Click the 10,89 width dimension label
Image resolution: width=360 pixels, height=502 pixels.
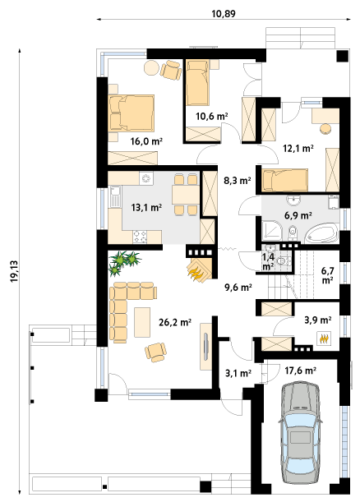[x=224, y=14]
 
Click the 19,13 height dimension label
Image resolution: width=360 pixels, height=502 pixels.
[x=15, y=272]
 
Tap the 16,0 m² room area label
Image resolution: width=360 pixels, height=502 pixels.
[x=146, y=140]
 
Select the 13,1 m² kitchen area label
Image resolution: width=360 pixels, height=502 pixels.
[x=146, y=208]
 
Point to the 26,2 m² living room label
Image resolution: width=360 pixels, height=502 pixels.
[x=175, y=322]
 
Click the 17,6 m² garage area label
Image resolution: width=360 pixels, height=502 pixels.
[x=301, y=371]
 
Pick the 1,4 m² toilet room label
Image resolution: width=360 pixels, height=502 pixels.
[x=268, y=261]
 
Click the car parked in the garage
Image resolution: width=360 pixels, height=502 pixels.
[x=300, y=434]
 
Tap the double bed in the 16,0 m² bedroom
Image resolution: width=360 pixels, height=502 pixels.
[x=132, y=113]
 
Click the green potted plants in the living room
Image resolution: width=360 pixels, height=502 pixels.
[x=123, y=262]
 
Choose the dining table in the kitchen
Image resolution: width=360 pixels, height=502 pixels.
[x=186, y=195]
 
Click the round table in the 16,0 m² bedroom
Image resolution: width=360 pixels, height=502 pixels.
[x=151, y=68]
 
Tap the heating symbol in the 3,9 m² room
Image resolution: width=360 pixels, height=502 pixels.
[x=324, y=338]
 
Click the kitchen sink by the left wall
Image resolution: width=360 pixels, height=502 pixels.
[x=114, y=196]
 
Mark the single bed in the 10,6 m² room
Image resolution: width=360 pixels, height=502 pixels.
[x=197, y=82]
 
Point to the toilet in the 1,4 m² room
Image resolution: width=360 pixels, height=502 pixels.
[x=283, y=261]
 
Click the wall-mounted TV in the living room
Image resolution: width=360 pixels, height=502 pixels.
[x=205, y=347]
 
